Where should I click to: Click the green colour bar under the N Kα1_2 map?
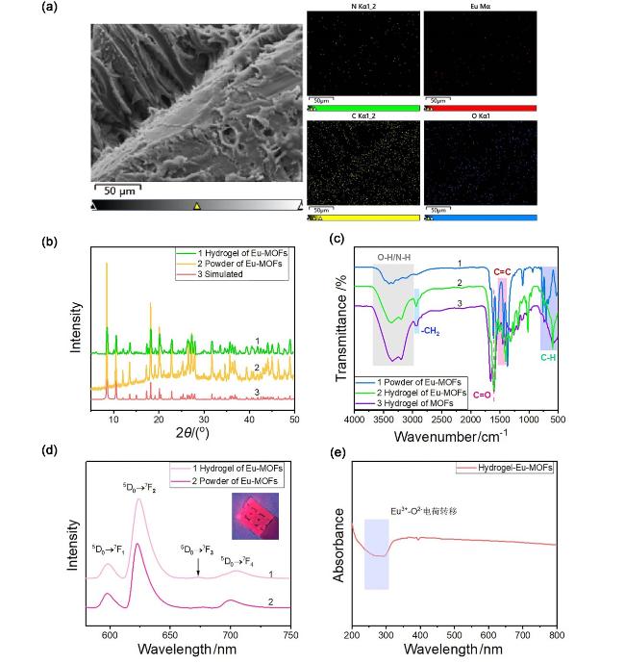point(364,109)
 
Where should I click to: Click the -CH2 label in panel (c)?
point(430,329)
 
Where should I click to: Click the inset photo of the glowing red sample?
point(254,517)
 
